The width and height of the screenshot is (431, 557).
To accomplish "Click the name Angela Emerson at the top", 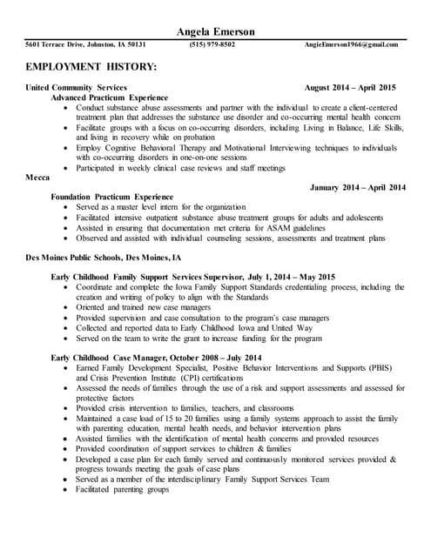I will pyautogui.click(x=215, y=31).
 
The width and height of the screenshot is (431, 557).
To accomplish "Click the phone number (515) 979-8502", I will pyautogui.click(x=212, y=44).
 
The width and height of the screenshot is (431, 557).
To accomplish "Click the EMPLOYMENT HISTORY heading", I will pyautogui.click(x=91, y=67).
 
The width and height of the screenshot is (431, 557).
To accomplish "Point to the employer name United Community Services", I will pyautogui.click(x=77, y=88).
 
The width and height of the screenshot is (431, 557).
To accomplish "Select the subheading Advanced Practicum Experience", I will pyautogui.click(x=110, y=97).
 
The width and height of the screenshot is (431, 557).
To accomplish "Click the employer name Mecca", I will pyautogui.click(x=38, y=177).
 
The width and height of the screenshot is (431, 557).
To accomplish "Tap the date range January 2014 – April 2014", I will pyautogui.click(x=357, y=187).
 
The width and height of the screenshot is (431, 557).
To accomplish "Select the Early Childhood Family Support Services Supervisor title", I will pyautogui.click(x=148, y=277).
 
